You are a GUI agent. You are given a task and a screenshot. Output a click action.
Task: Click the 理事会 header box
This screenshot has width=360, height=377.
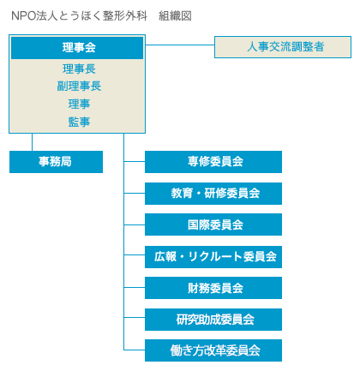click(77, 48)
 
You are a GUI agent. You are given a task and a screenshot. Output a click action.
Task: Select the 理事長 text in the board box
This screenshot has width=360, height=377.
click(79, 69)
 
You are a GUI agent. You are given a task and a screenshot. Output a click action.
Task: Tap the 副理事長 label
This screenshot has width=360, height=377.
click(79, 86)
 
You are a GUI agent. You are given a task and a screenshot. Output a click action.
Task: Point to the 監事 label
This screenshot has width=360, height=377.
click(79, 122)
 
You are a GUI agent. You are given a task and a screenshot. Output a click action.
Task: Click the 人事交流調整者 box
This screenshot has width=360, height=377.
click(283, 47)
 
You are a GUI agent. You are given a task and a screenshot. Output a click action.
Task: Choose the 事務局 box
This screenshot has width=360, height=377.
click(56, 162)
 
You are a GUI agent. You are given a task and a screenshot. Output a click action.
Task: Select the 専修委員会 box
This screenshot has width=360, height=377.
click(213, 162)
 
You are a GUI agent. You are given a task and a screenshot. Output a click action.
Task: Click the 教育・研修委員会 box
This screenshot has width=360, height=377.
click(213, 194)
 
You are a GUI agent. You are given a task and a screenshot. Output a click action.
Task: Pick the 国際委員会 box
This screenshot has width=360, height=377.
click(213, 224)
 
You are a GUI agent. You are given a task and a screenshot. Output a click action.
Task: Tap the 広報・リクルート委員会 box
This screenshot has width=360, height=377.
click(213, 257)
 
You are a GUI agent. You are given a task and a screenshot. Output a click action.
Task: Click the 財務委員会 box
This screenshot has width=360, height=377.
click(213, 288)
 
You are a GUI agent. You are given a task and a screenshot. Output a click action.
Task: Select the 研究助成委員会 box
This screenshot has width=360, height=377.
click(213, 320)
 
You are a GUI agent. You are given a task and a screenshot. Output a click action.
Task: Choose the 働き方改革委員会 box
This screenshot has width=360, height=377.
click(213, 350)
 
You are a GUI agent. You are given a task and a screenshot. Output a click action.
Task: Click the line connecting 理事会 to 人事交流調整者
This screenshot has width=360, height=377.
click(180, 45)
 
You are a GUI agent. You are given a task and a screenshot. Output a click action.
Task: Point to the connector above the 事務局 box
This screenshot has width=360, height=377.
click(32, 142)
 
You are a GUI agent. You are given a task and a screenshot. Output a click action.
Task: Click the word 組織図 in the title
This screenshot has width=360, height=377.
click(175, 15)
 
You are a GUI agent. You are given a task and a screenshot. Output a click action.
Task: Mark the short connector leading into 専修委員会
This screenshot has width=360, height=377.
click(135, 161)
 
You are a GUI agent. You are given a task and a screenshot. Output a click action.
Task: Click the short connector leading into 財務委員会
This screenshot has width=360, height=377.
click(135, 287)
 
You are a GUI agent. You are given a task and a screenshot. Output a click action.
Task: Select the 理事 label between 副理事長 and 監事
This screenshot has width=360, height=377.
click(79, 104)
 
